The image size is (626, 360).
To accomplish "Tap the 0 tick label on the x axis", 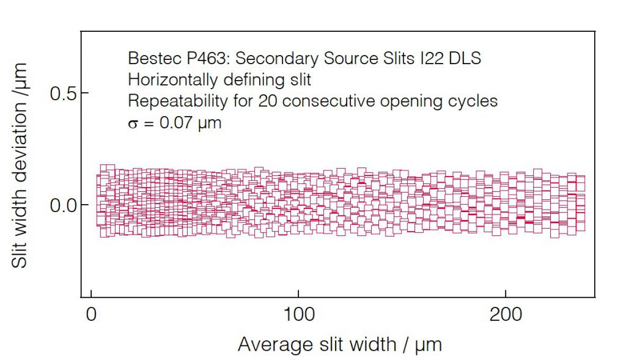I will [x=91, y=315].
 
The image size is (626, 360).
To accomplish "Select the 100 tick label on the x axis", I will [x=298, y=315].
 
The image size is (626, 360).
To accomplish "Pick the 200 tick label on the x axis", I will [x=505, y=315].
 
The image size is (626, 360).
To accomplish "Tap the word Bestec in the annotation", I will [x=149, y=59].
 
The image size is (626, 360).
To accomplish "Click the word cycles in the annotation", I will [x=471, y=101].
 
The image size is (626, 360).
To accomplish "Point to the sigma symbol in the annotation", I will [x=132, y=123].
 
